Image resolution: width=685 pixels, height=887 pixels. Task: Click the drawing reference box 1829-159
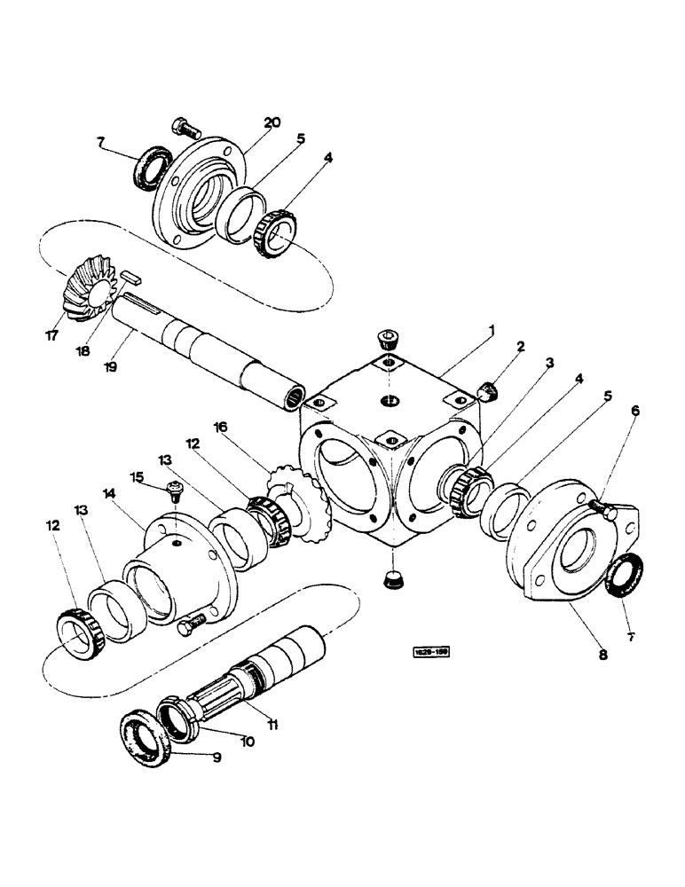(x=429, y=652)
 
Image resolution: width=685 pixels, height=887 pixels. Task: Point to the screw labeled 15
(x=174, y=487)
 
